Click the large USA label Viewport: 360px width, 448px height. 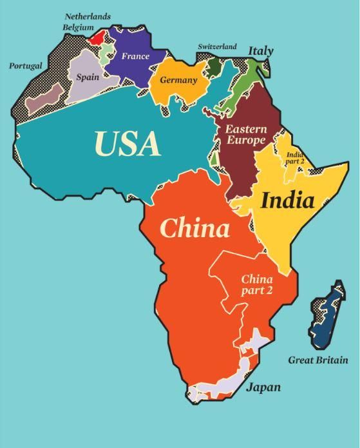128,144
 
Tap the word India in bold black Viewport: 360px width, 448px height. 287,200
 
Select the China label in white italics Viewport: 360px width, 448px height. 194,229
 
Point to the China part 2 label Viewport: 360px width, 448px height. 257,285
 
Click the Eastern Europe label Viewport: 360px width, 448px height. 245,135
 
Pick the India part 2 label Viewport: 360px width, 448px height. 295,158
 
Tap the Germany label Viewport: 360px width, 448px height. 178,81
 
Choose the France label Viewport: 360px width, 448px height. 135,56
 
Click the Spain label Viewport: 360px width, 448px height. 88,77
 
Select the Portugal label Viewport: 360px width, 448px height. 26,66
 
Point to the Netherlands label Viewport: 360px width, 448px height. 88,16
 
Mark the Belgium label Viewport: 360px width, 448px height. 78,28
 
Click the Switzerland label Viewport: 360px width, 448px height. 217,47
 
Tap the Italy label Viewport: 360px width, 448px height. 261,51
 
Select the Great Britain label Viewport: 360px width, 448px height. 317,360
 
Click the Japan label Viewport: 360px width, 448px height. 263,387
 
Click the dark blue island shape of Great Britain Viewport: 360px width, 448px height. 327,315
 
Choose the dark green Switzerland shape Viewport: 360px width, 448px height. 213,67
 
